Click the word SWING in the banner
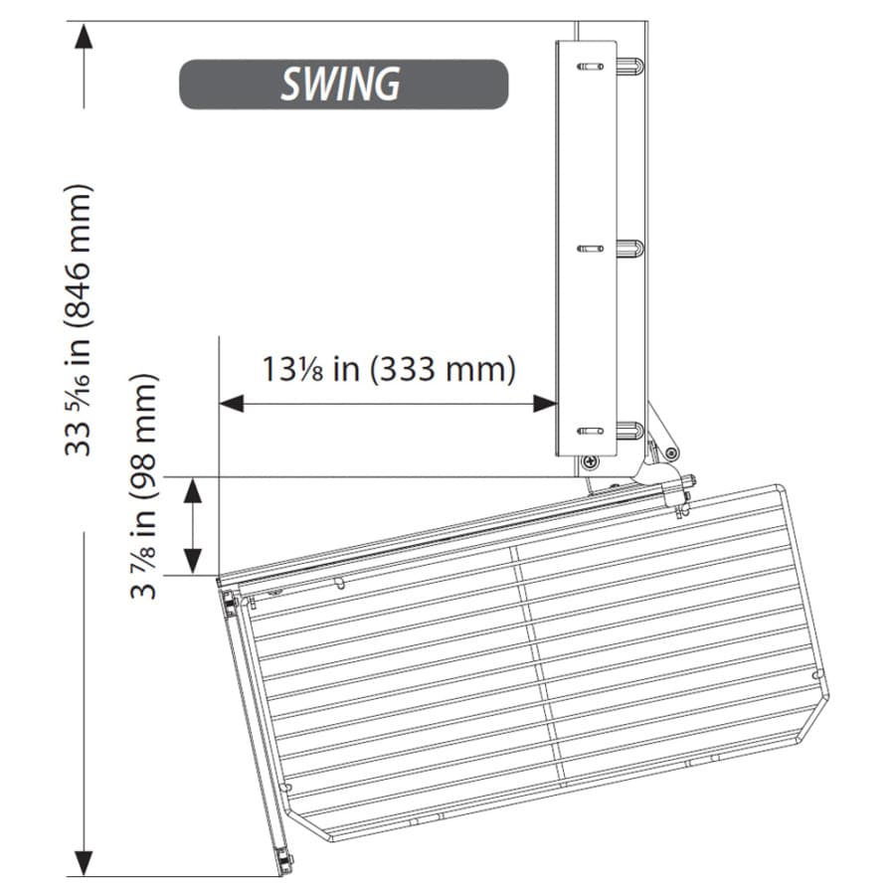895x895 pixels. (x=341, y=84)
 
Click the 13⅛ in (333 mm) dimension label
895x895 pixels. (x=389, y=369)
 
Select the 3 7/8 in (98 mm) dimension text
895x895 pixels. (x=142, y=485)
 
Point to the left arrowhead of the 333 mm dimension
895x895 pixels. (x=231, y=404)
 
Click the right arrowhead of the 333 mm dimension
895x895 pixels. (x=545, y=404)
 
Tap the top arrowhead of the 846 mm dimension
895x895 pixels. (x=84, y=38)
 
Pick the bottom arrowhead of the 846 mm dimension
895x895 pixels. (x=84, y=862)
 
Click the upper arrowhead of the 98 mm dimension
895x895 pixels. (x=194, y=490)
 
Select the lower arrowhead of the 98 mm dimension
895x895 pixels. (x=194, y=561)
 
